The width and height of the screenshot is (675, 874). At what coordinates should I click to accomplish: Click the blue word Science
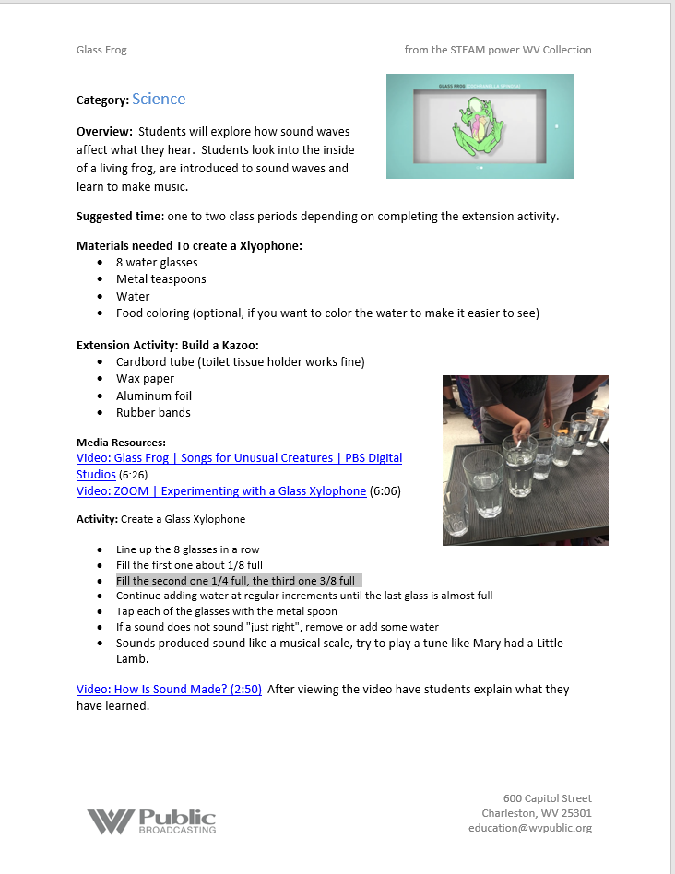159,99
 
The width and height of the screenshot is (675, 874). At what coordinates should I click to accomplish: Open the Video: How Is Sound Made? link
169,689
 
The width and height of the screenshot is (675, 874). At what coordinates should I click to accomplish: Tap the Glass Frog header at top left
101,50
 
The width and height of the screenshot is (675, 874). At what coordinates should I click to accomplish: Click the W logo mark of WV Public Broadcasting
111,821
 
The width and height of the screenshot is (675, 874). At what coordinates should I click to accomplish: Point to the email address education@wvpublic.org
529,828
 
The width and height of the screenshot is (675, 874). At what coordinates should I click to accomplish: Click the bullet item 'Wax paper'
145,378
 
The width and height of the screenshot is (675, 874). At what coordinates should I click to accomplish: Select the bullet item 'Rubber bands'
153,412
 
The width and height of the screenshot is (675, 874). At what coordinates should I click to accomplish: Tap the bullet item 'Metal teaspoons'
160,279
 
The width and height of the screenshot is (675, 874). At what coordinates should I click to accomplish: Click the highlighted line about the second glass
235,581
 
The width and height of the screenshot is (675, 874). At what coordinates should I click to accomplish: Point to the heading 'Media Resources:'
121,443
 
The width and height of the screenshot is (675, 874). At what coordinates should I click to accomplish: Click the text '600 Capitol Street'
547,797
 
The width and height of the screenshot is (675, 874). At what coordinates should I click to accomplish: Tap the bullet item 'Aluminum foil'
153,396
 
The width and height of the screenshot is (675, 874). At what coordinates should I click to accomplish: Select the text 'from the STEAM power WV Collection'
498,50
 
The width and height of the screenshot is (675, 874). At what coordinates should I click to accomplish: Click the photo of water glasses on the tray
525,459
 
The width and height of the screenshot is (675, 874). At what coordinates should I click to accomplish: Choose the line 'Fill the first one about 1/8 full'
189,565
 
